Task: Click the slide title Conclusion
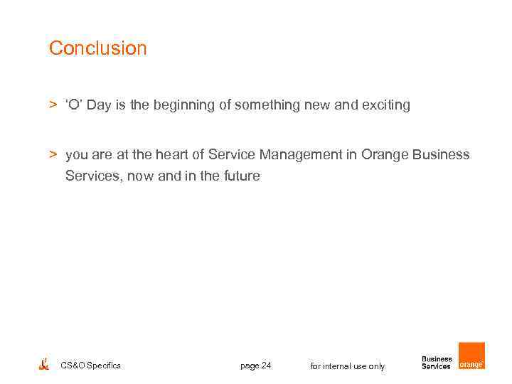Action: pyautogui.click(x=97, y=48)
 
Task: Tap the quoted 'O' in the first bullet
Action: pyautogui.click(x=74, y=105)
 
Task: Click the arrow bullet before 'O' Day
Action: pyautogui.click(x=53, y=105)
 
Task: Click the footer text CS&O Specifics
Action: pyautogui.click(x=90, y=366)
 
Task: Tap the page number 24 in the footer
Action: pyautogui.click(x=256, y=366)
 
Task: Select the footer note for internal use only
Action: pyautogui.click(x=348, y=366)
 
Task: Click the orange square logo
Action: pyautogui.click(x=471, y=356)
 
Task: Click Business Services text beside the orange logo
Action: pyautogui.click(x=437, y=363)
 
